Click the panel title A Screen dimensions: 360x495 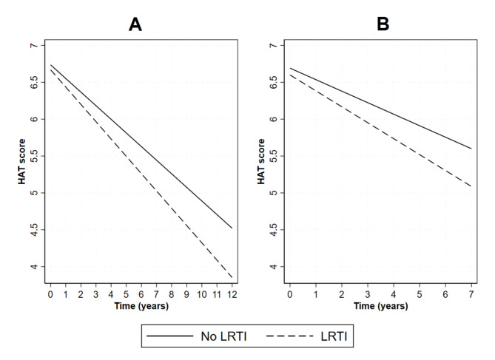tap(135, 24)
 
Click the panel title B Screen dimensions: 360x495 tap(383, 24)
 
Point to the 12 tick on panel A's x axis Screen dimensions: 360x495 tap(232, 293)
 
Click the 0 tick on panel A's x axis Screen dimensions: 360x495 tap(50, 293)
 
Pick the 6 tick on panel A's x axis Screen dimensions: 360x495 tap(141, 293)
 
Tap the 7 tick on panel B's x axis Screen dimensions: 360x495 tap(471, 293)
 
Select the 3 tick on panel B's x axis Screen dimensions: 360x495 tap(368, 293)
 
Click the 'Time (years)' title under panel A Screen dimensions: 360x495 tap(141, 305)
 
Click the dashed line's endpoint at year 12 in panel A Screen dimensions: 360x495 tap(232, 278)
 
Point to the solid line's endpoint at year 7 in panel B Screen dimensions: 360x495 tap(471, 149)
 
